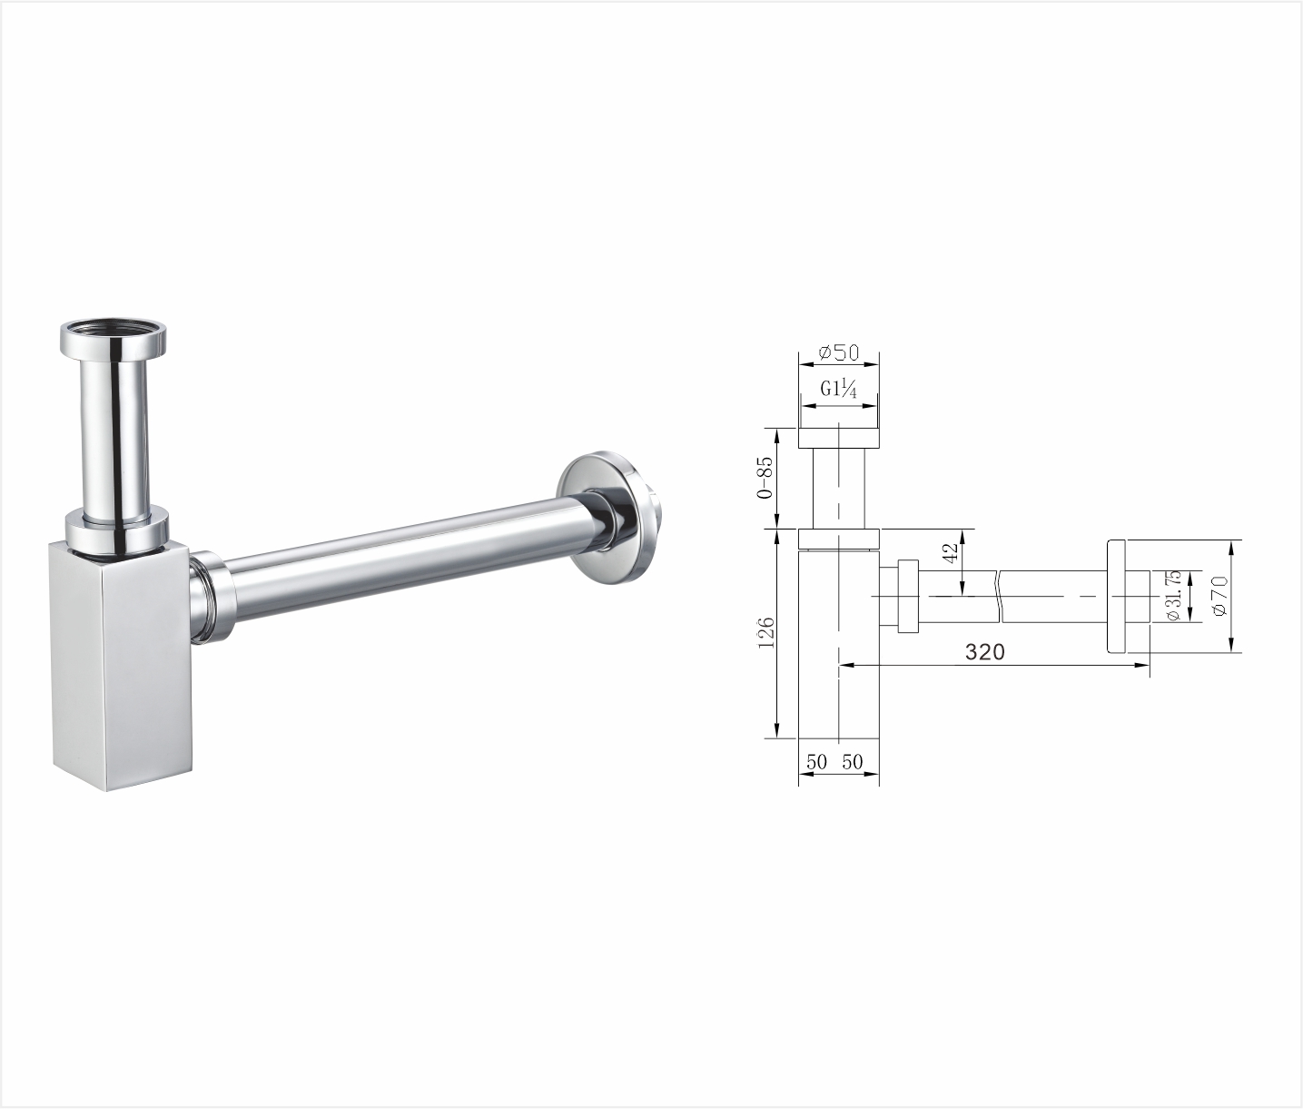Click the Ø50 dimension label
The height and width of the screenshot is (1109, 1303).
(838, 352)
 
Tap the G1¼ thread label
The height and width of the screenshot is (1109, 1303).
(838, 390)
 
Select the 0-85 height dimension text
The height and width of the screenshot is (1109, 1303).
(764, 477)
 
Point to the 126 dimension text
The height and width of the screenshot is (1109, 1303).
(765, 632)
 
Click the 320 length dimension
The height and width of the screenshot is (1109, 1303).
(984, 652)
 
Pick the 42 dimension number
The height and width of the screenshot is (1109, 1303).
(952, 553)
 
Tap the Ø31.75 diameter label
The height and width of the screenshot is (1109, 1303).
(1173, 596)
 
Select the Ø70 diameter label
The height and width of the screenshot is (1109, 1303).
(1219, 595)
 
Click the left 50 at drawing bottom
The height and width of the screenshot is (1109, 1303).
(816, 762)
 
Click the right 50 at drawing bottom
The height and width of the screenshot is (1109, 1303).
(853, 762)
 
